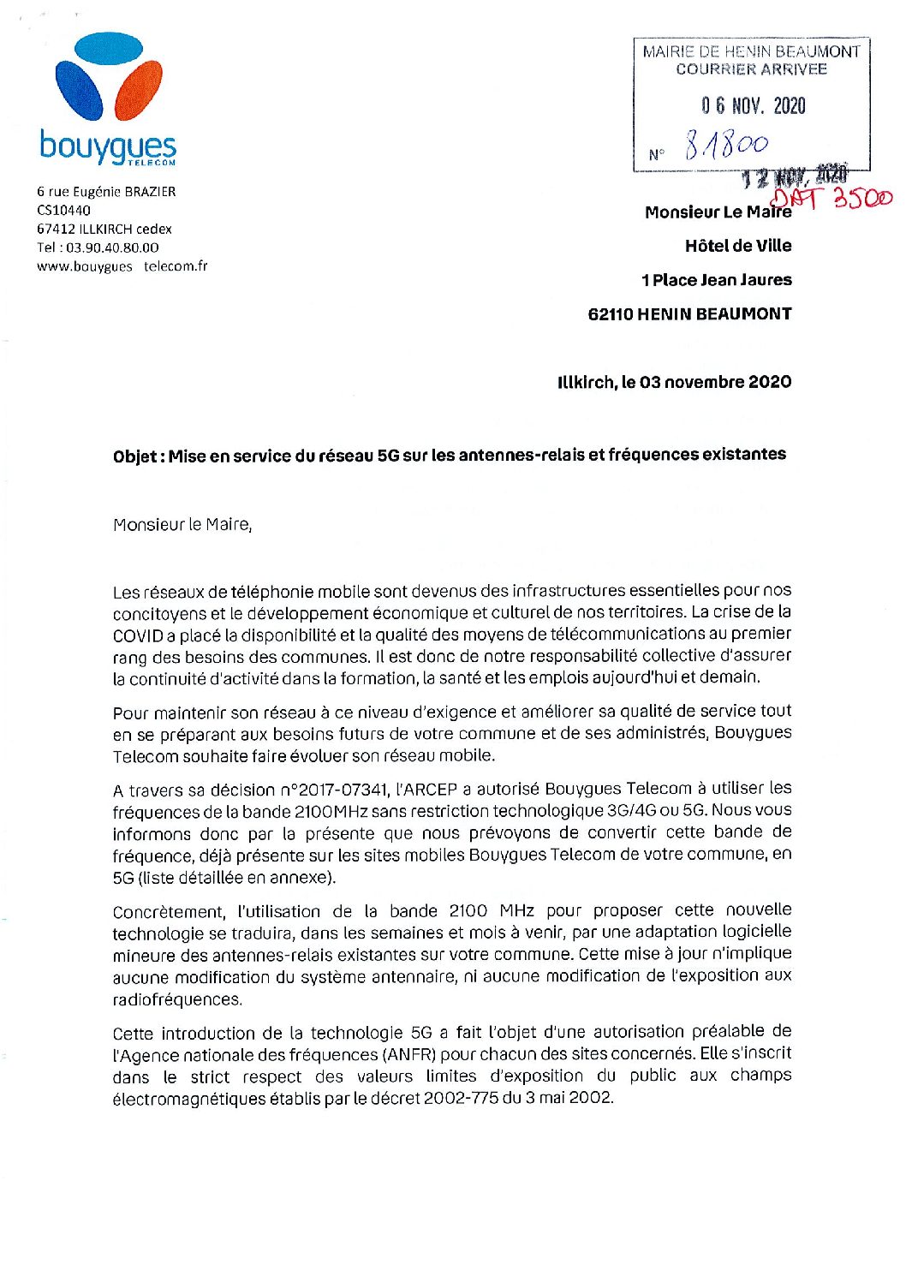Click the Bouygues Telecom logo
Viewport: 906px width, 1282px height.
click(109, 98)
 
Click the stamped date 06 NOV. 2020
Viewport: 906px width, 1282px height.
click(753, 106)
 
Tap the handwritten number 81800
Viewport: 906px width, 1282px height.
click(726, 146)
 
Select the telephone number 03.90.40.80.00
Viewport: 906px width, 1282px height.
click(112, 247)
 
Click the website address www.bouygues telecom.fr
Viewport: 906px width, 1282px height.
click(122, 266)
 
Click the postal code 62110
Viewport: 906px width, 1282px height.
click(611, 314)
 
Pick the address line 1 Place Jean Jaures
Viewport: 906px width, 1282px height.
click(716, 280)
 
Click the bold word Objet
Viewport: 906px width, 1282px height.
click(134, 456)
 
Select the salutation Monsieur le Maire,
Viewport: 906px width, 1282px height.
click(182, 525)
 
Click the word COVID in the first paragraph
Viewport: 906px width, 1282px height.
click(138, 635)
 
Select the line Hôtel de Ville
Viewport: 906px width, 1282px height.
click(737, 247)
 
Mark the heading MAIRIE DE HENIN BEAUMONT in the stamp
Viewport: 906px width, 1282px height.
click(751, 51)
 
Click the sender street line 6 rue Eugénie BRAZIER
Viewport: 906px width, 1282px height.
click(106, 192)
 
